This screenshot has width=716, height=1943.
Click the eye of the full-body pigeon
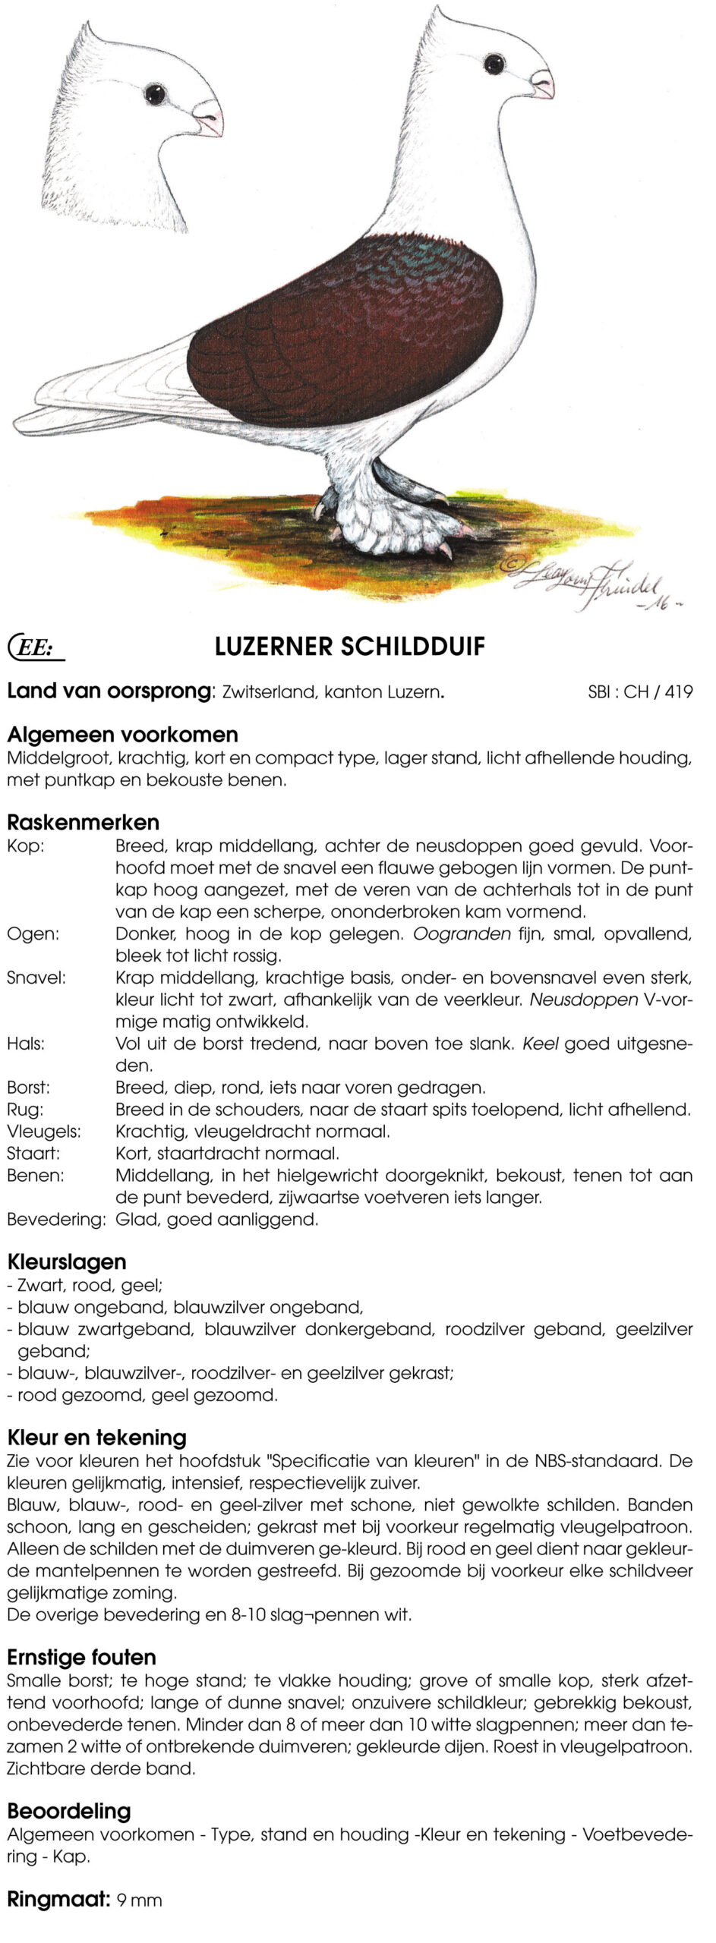[x=494, y=64]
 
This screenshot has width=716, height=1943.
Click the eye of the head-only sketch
[x=155, y=94]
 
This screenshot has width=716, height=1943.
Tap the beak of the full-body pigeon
[x=543, y=83]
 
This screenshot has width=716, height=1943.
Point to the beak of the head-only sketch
[x=208, y=118]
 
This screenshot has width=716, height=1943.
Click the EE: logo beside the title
[x=35, y=647]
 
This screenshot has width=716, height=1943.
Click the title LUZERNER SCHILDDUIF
[x=350, y=647]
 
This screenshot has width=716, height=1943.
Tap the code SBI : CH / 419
[x=640, y=691]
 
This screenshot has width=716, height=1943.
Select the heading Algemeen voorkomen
[x=123, y=734]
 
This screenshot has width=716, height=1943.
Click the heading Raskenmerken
[x=84, y=822]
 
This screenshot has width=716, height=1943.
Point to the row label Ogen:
[x=33, y=934]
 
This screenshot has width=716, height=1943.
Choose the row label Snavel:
[x=36, y=978]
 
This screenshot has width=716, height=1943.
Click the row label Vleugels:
[x=44, y=1132]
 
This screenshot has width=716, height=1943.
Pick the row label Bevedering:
[x=56, y=1220]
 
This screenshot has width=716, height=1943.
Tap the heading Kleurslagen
[x=67, y=1262]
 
